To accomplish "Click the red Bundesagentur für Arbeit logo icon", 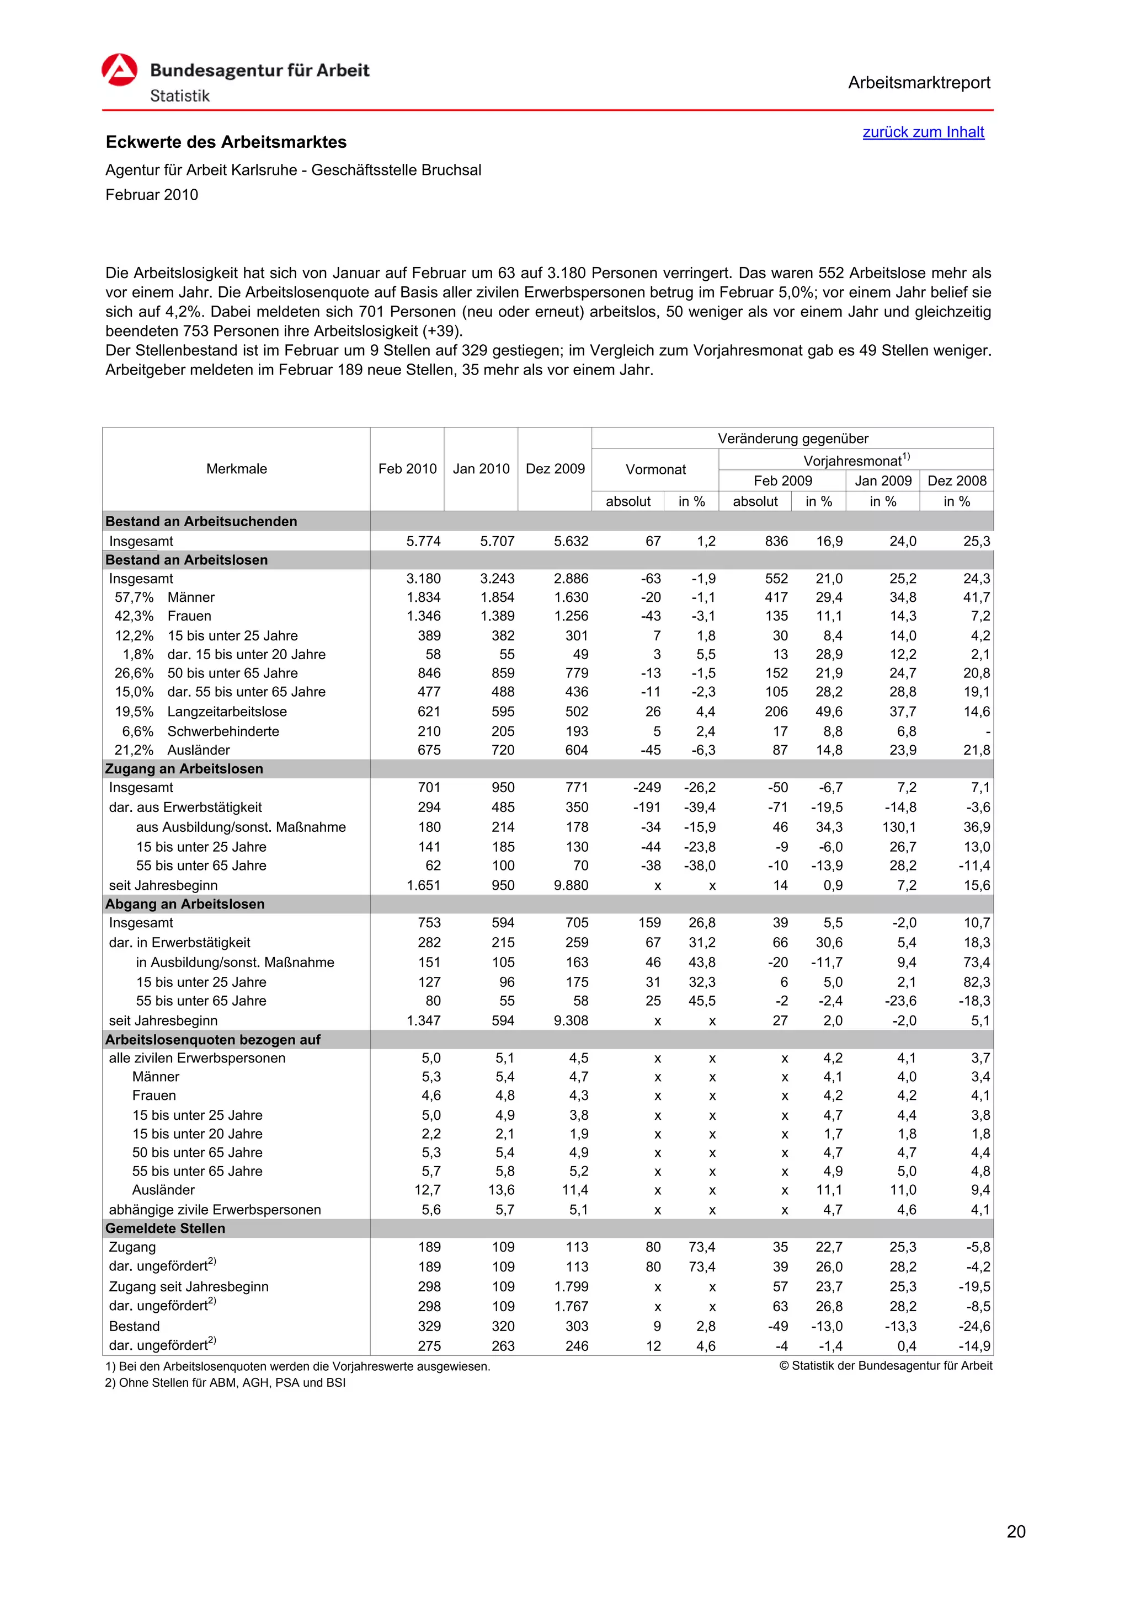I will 119,70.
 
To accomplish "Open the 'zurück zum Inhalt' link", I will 923,132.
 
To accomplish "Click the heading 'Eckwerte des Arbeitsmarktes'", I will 226,142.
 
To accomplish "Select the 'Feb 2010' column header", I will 407,469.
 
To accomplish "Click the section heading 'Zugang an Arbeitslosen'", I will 184,769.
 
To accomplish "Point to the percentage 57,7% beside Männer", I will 134,597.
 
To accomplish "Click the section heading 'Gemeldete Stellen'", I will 165,1228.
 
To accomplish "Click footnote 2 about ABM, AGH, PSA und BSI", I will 225,1382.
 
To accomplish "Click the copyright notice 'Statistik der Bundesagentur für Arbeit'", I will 885,1366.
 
